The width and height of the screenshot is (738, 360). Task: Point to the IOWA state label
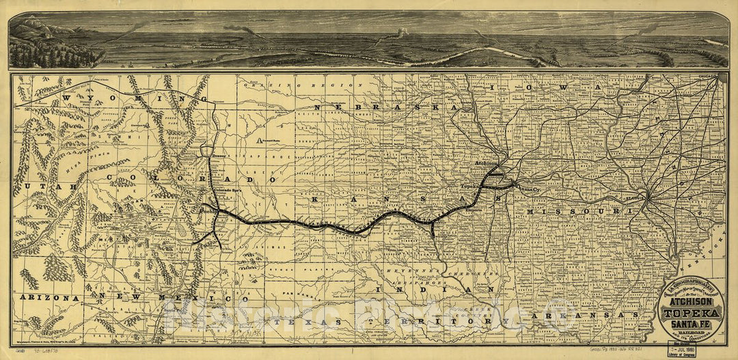(562, 89)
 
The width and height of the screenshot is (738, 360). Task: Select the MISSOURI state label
(577, 212)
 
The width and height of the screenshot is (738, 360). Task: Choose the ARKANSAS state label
(587, 315)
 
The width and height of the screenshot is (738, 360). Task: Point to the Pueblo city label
(209, 212)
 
